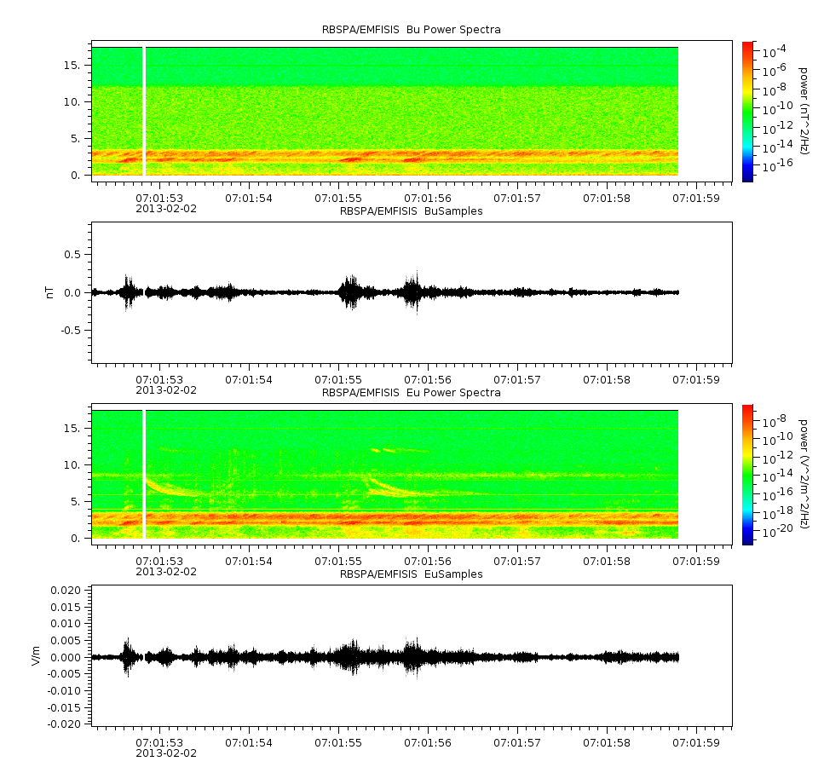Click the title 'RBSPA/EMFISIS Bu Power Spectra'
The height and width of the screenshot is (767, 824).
(411, 30)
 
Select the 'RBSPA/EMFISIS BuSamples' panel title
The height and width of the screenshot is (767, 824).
(411, 210)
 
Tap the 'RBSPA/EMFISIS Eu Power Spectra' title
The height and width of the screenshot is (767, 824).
(411, 393)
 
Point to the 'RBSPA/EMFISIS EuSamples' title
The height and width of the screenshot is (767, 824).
(411, 574)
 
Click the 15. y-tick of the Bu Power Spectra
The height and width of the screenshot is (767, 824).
(72, 65)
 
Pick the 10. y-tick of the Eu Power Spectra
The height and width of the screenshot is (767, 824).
(72, 464)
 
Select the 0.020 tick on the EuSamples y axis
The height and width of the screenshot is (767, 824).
(66, 590)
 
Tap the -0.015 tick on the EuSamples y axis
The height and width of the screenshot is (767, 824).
(65, 707)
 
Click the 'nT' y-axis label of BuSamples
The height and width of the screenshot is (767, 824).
(50, 292)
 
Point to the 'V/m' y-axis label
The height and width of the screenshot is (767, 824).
(36, 655)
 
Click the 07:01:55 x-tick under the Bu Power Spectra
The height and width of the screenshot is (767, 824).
(338, 199)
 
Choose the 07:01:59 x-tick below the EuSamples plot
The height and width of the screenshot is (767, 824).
(696, 742)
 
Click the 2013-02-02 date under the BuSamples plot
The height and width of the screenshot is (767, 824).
(166, 390)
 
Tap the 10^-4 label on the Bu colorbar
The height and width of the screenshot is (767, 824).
(775, 51)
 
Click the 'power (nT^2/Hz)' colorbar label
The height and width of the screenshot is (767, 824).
(803, 111)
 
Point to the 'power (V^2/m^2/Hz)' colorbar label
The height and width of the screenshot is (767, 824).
(803, 474)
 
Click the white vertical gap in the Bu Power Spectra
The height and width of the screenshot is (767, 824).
(143, 111)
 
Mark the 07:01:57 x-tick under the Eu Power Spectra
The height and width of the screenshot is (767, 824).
(517, 561)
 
